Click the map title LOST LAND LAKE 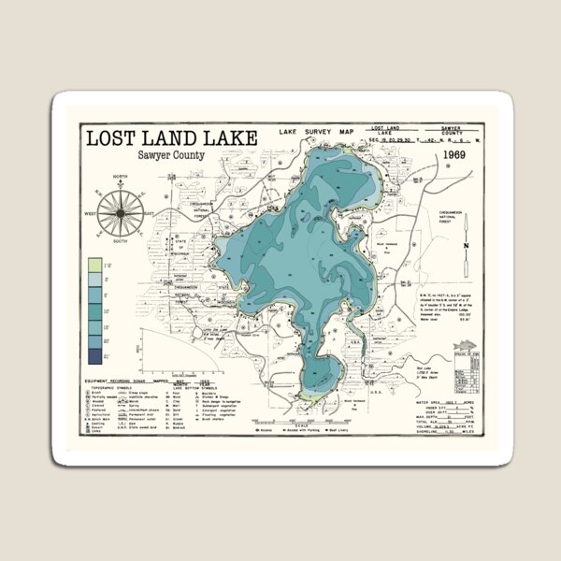170,138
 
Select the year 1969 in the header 455,155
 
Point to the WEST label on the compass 90,214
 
